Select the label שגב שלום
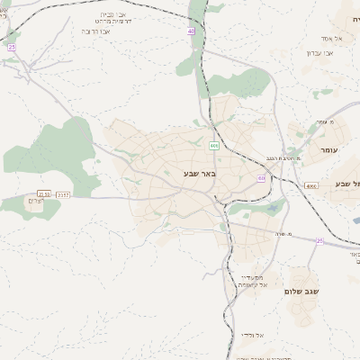coord(302,291)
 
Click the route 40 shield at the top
coord(191,31)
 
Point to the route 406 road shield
coord(214,145)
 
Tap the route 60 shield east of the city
coord(261,178)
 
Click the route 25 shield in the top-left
coord(12,47)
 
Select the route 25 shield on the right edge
coord(319,240)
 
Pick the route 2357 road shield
coord(62,194)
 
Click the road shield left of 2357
coord(43,194)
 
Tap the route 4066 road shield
coord(310,185)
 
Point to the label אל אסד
coord(328,39)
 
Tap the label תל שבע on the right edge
coord(346,184)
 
